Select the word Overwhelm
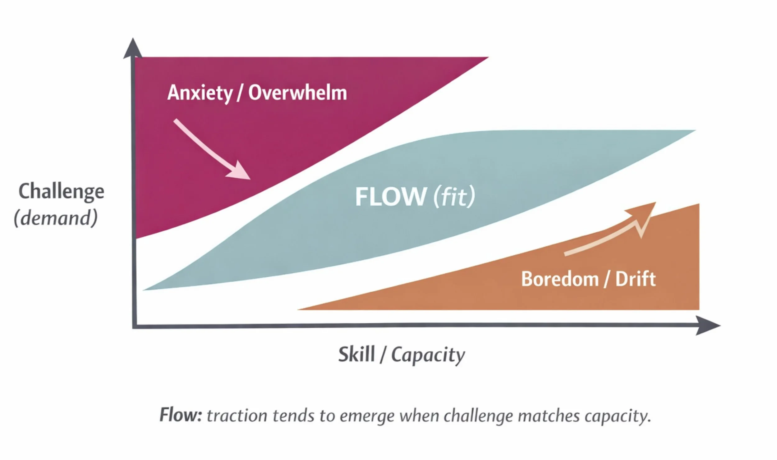pyautogui.click(x=297, y=93)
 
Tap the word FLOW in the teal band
pyautogui.click(x=390, y=197)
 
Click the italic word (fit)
pyautogui.click(x=454, y=197)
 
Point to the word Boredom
pyautogui.click(x=560, y=279)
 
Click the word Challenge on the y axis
pyautogui.click(x=61, y=191)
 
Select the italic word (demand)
pyautogui.click(x=56, y=218)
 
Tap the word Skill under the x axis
pyautogui.click(x=356, y=354)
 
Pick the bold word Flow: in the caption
pyautogui.click(x=181, y=415)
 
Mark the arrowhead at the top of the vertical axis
pyautogui.click(x=133, y=48)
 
